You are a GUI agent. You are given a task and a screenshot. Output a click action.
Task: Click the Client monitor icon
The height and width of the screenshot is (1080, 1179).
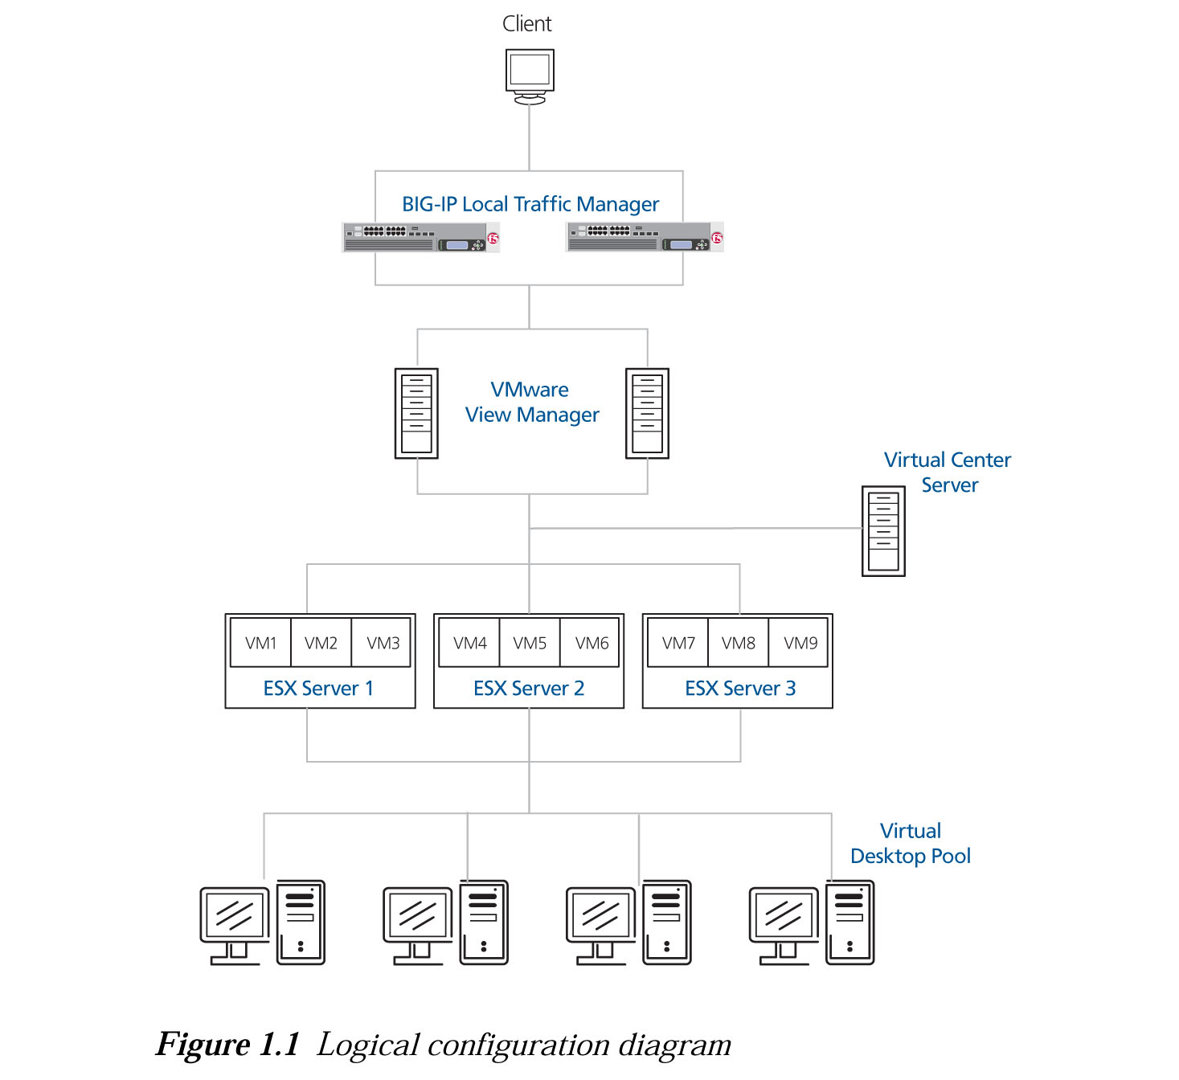tap(530, 74)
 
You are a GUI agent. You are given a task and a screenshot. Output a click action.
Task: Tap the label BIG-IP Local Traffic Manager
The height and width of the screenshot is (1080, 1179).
tap(530, 204)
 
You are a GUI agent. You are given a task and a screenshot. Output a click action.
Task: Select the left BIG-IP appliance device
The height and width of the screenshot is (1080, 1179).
tap(420, 238)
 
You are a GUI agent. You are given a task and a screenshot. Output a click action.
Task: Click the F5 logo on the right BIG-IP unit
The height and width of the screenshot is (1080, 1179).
tap(716, 238)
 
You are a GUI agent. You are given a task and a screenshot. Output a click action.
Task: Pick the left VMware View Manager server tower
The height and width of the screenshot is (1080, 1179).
tap(416, 413)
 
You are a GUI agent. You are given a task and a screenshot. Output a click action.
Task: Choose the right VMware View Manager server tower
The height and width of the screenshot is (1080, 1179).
tap(647, 413)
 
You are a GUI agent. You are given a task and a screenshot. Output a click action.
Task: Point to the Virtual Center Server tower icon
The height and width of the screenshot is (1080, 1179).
tap(883, 530)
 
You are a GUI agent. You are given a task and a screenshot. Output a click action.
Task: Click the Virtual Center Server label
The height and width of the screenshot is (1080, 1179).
tap(948, 472)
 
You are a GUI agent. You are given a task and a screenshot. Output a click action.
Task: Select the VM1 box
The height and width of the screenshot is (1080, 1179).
tap(260, 643)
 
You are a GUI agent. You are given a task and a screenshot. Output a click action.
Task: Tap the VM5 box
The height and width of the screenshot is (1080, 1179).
tap(530, 643)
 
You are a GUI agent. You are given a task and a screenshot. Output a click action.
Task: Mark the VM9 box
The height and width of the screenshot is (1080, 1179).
tap(800, 643)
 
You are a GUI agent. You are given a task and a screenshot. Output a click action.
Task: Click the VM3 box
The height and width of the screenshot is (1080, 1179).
tap(383, 643)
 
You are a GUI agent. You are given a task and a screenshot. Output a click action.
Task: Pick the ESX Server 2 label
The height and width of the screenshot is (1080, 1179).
tap(529, 689)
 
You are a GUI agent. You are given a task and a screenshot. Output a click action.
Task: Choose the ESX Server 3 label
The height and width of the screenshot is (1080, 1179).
tap(740, 689)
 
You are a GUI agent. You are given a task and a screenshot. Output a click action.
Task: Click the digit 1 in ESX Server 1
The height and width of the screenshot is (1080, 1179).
tap(369, 689)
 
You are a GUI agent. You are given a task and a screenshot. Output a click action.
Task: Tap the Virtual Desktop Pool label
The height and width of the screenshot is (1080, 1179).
tap(911, 844)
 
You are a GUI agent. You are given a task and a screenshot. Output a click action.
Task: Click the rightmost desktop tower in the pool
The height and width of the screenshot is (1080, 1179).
tap(849, 922)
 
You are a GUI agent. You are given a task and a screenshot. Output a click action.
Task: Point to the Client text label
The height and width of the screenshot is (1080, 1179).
tap(527, 24)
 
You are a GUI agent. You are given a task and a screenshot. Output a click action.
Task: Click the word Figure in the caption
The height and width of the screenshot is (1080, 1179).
tap(203, 1045)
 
